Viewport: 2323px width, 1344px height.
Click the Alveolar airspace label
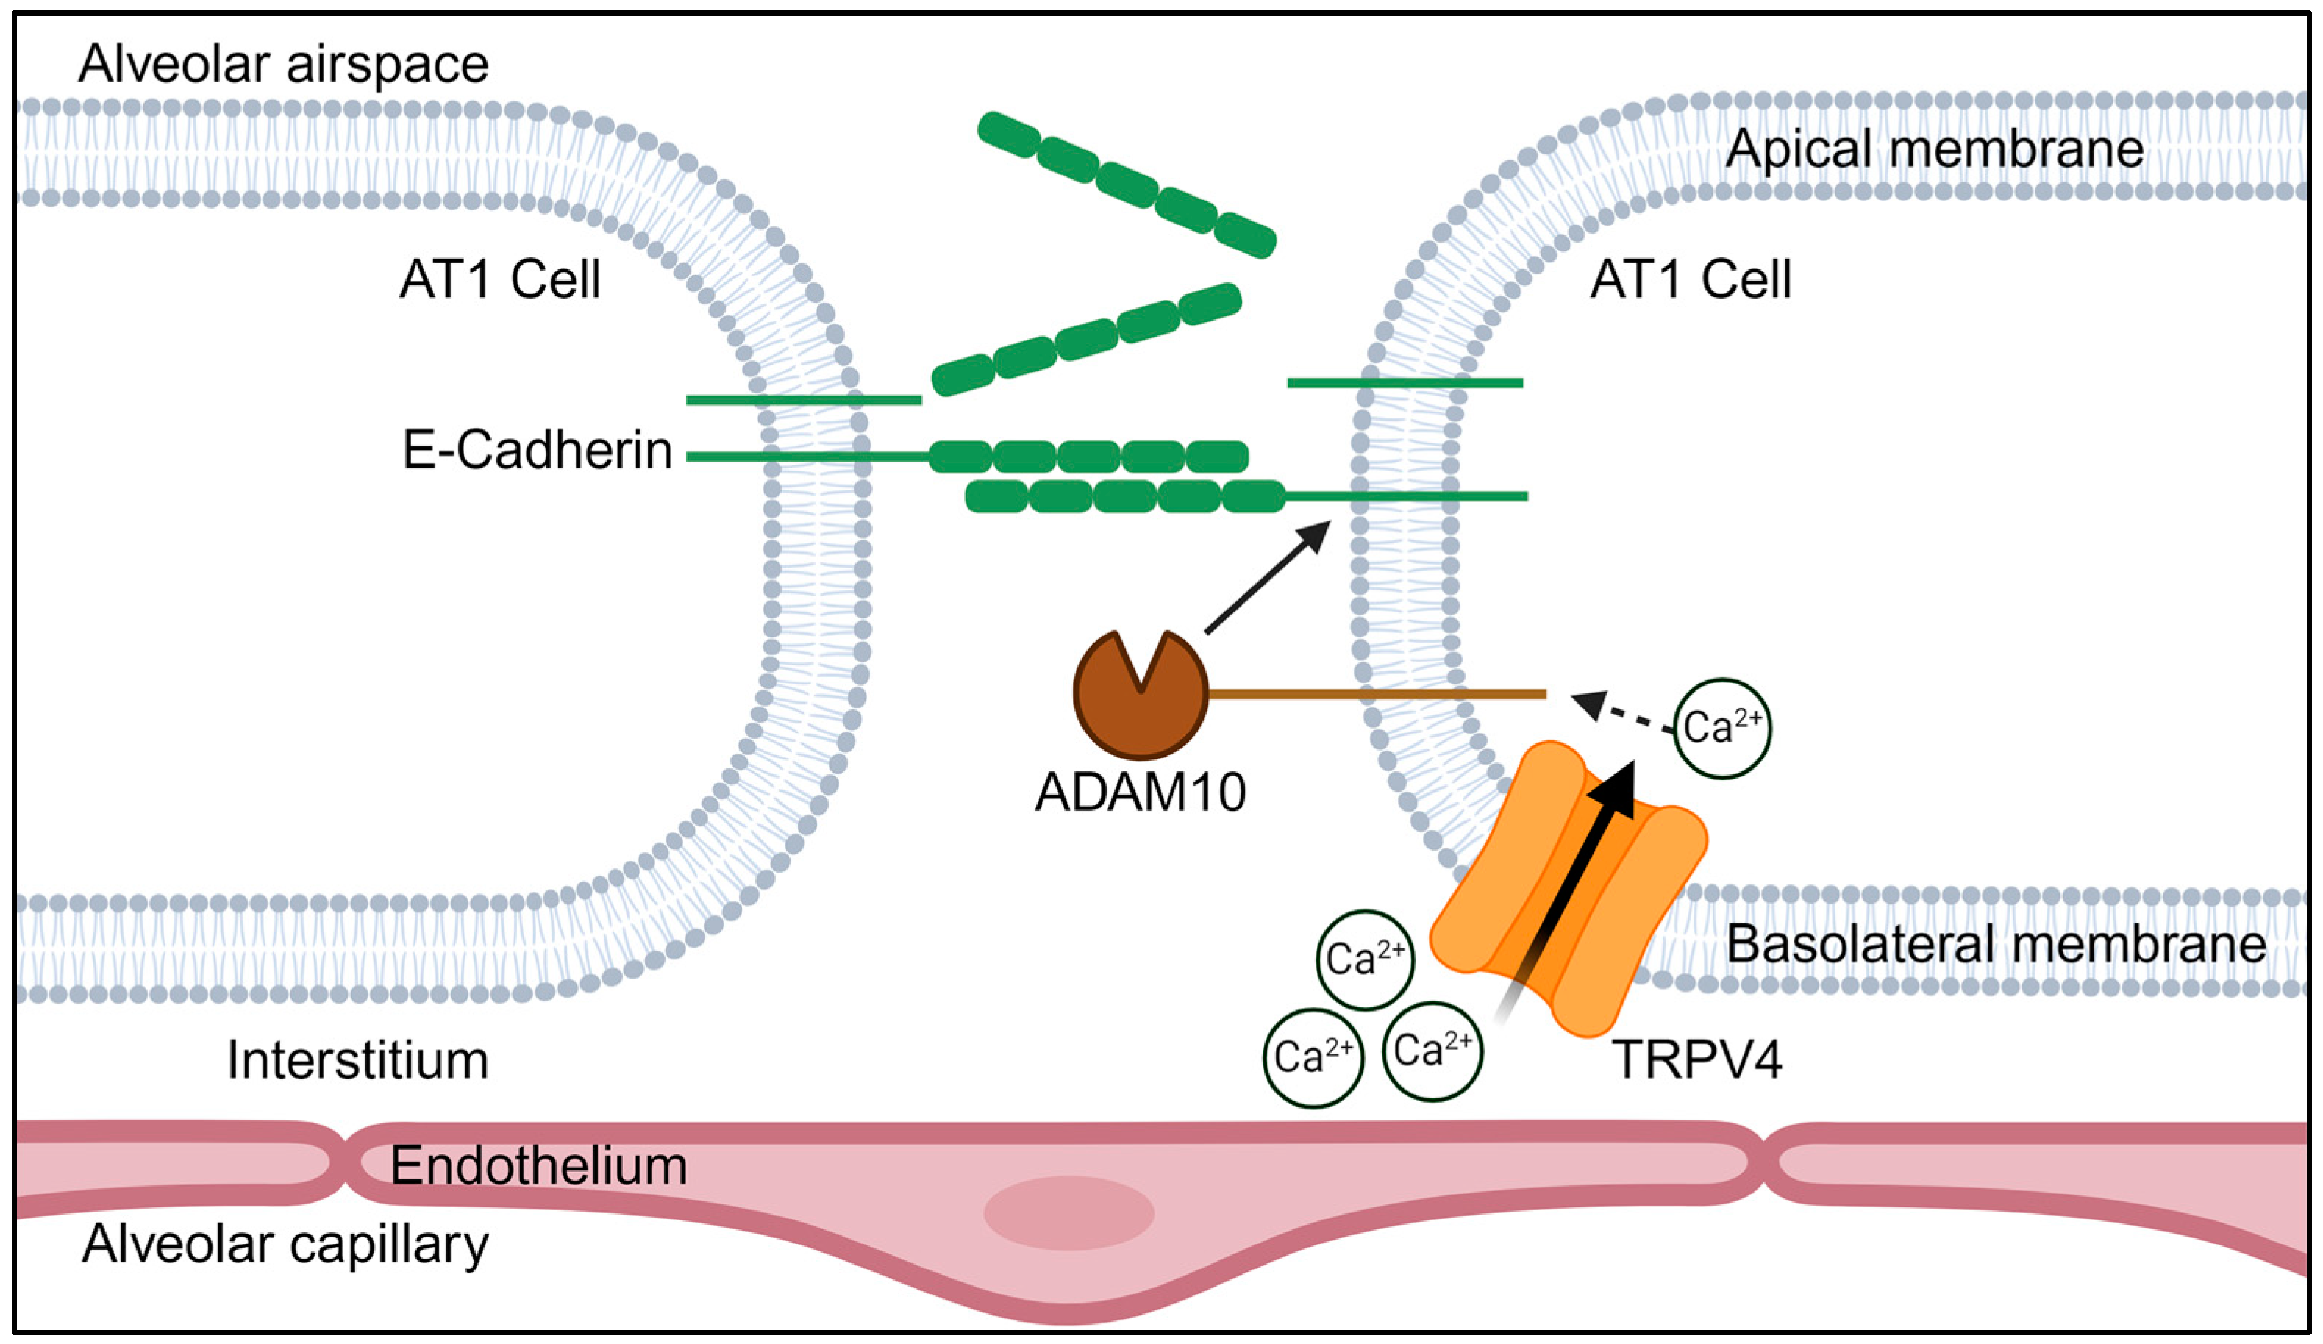(x=283, y=65)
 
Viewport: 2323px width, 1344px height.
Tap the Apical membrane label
(x=1934, y=149)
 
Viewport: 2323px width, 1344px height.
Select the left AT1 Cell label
(x=499, y=279)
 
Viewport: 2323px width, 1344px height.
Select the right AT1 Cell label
(x=1690, y=279)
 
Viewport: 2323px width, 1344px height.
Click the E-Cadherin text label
(x=538, y=451)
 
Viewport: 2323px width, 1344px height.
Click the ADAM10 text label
(x=1141, y=792)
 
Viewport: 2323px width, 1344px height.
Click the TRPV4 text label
(x=1696, y=1059)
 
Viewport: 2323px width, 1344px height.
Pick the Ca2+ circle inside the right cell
(x=1721, y=728)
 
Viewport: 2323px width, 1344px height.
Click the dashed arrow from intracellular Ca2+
(x=1624, y=715)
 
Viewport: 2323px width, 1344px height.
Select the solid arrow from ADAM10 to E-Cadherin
(x=1268, y=577)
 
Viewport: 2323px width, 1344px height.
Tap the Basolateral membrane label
(x=1996, y=944)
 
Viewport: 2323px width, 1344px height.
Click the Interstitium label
(x=357, y=1060)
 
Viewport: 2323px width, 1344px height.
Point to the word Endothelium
(x=538, y=1166)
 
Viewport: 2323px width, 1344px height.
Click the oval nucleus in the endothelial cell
(x=1068, y=1213)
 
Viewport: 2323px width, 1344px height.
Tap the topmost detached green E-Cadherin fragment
(x=1127, y=185)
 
